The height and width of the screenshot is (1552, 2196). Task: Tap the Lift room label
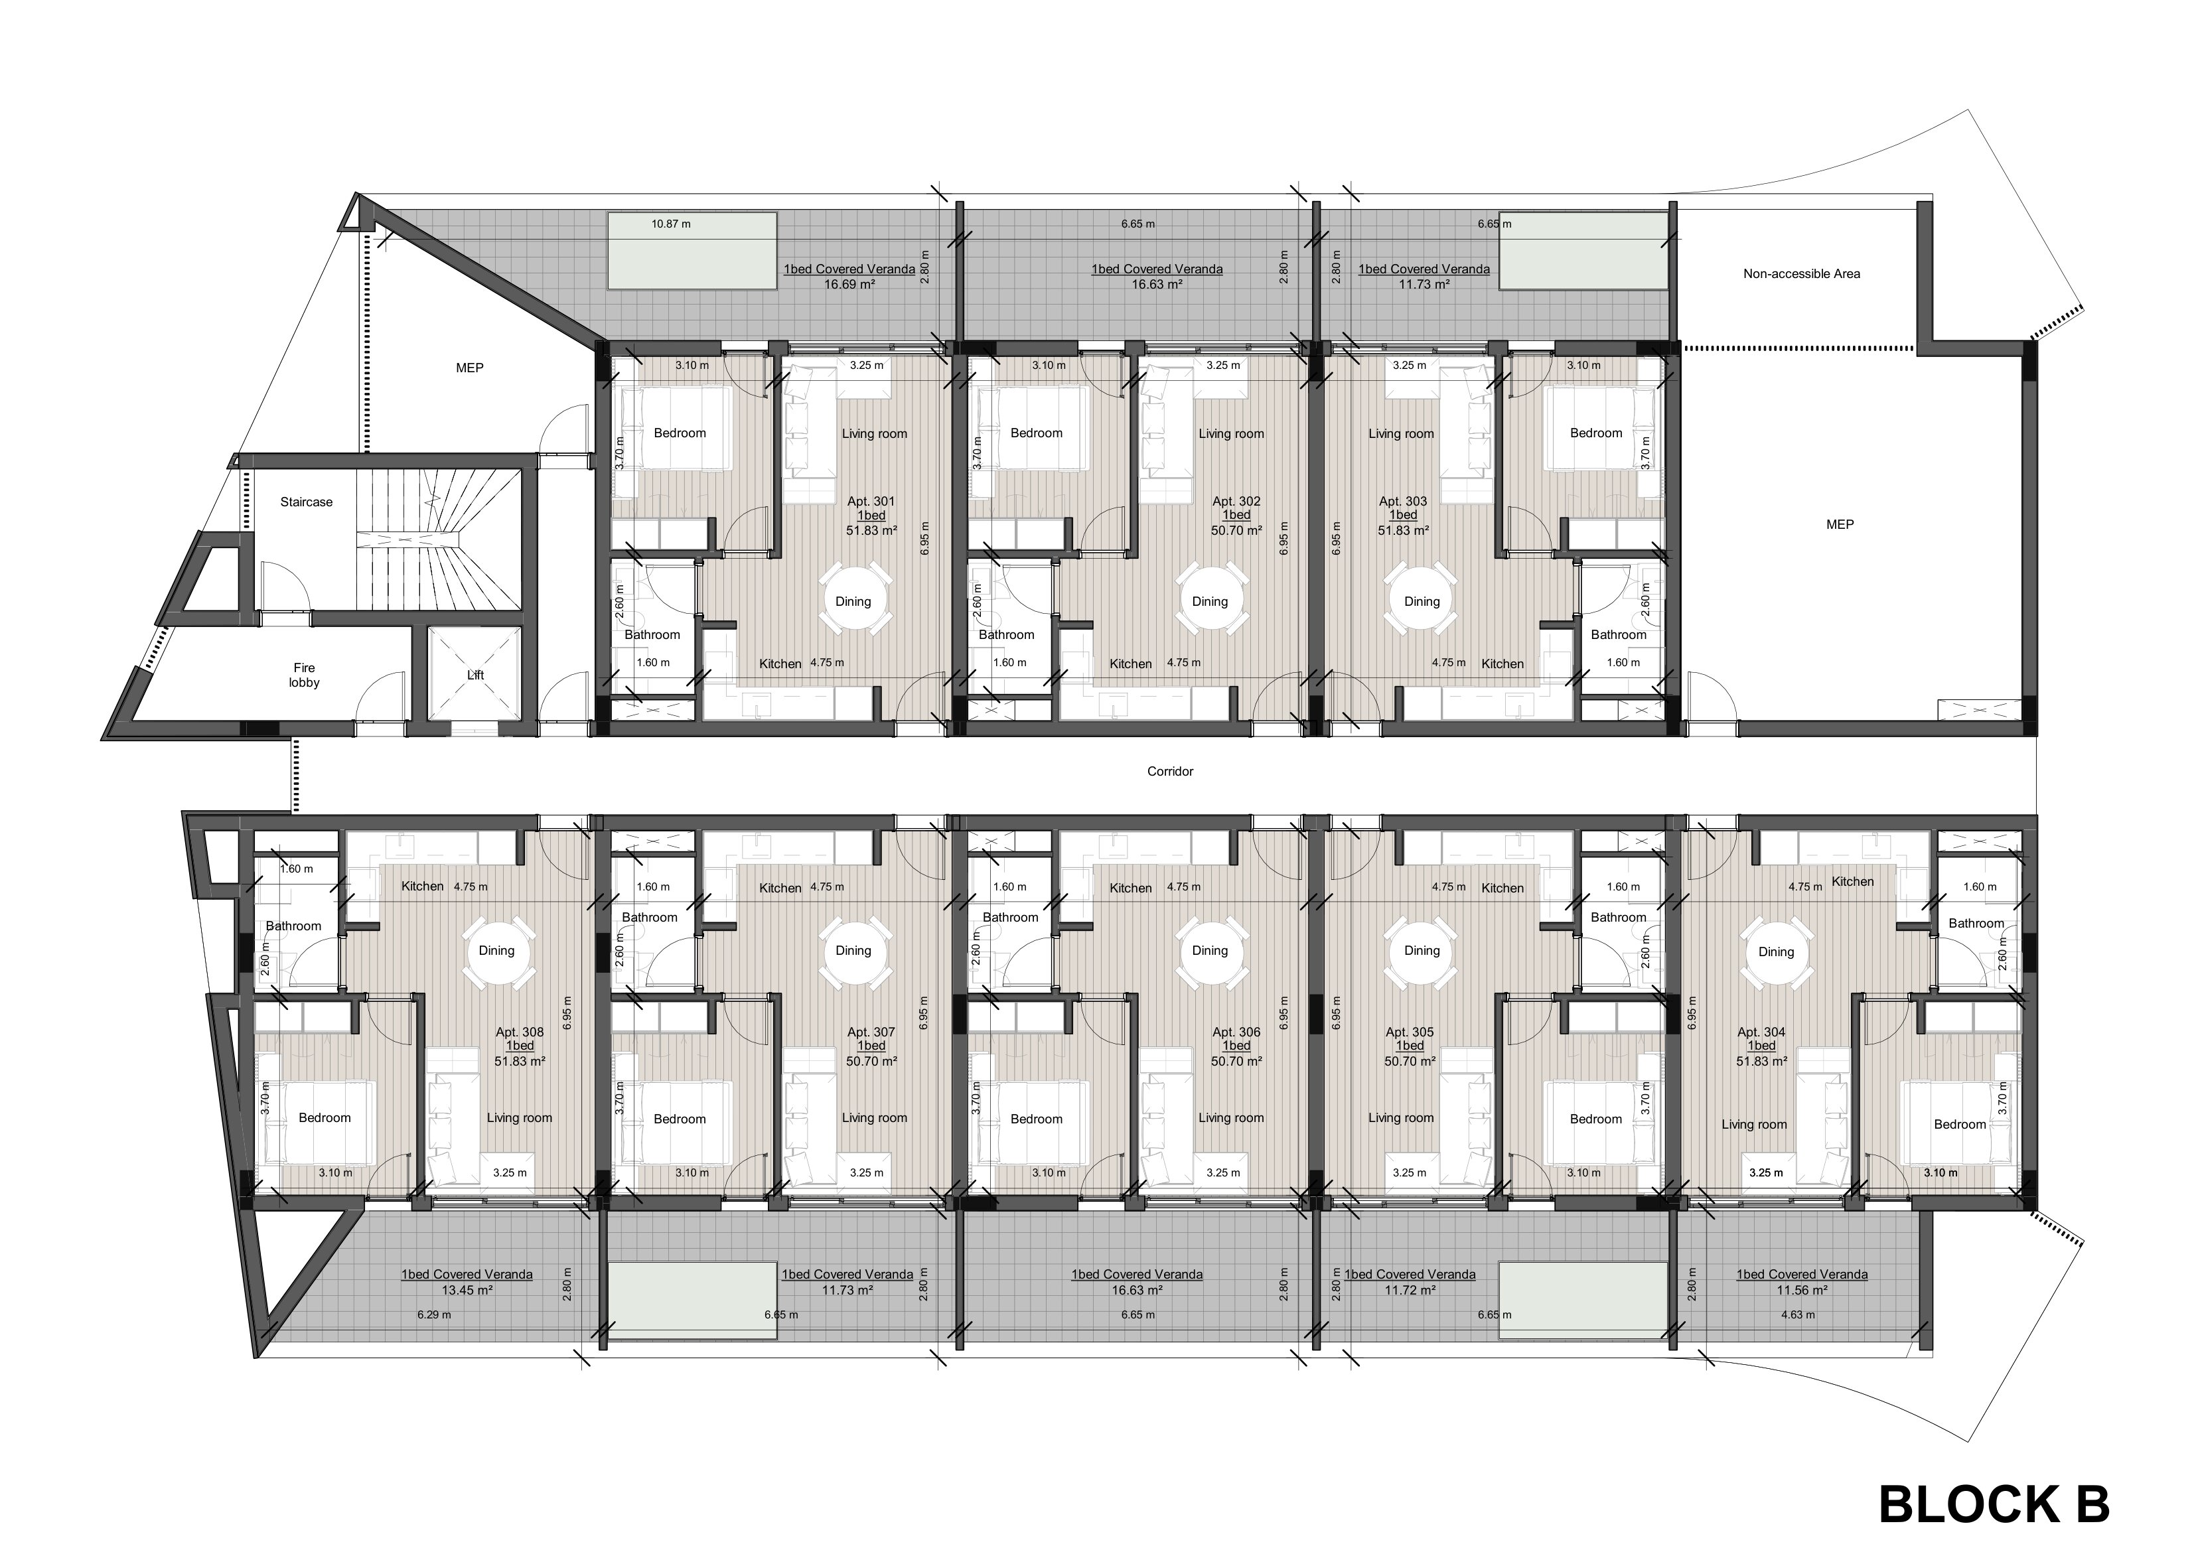(x=475, y=675)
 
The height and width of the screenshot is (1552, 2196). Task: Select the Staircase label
(x=306, y=502)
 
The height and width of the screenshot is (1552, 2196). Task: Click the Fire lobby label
(x=304, y=675)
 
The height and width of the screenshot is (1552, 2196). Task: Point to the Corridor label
(x=1171, y=771)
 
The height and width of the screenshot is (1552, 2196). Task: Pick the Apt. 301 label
(x=871, y=501)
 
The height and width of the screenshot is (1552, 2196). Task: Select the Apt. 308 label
(x=520, y=1032)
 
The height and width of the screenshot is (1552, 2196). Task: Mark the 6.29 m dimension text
(x=434, y=1315)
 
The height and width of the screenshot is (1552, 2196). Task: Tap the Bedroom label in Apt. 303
(x=1596, y=433)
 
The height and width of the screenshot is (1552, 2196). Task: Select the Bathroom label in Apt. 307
(x=650, y=917)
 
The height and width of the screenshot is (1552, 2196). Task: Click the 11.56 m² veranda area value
(x=1802, y=1290)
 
